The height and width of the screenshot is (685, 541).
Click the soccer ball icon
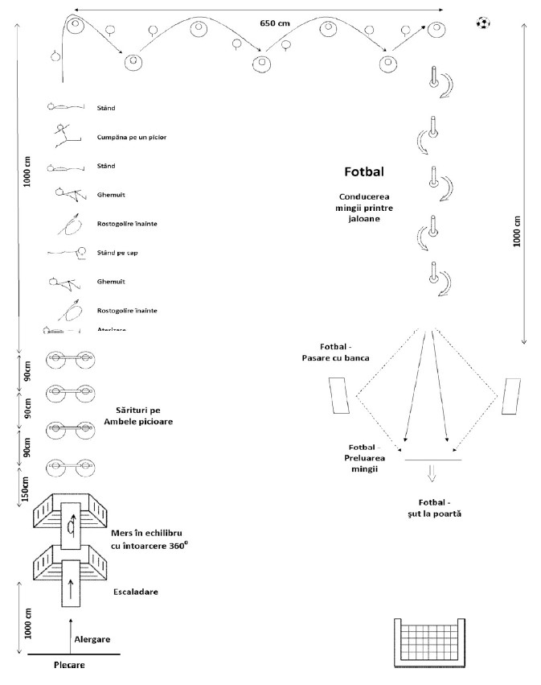pyautogui.click(x=482, y=23)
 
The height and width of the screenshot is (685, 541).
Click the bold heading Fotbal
pyautogui.click(x=364, y=171)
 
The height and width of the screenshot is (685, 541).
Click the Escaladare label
pyautogui.click(x=134, y=592)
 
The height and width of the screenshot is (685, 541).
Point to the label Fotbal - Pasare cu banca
pyautogui.click(x=343, y=352)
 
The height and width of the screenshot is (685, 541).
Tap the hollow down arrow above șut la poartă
pyautogui.click(x=432, y=473)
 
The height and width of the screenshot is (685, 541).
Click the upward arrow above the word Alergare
pyautogui.click(x=71, y=628)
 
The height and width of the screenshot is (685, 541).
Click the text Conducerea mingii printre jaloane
pyautogui.click(x=365, y=207)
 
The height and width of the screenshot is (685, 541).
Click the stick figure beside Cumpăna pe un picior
pyautogui.click(x=64, y=137)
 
